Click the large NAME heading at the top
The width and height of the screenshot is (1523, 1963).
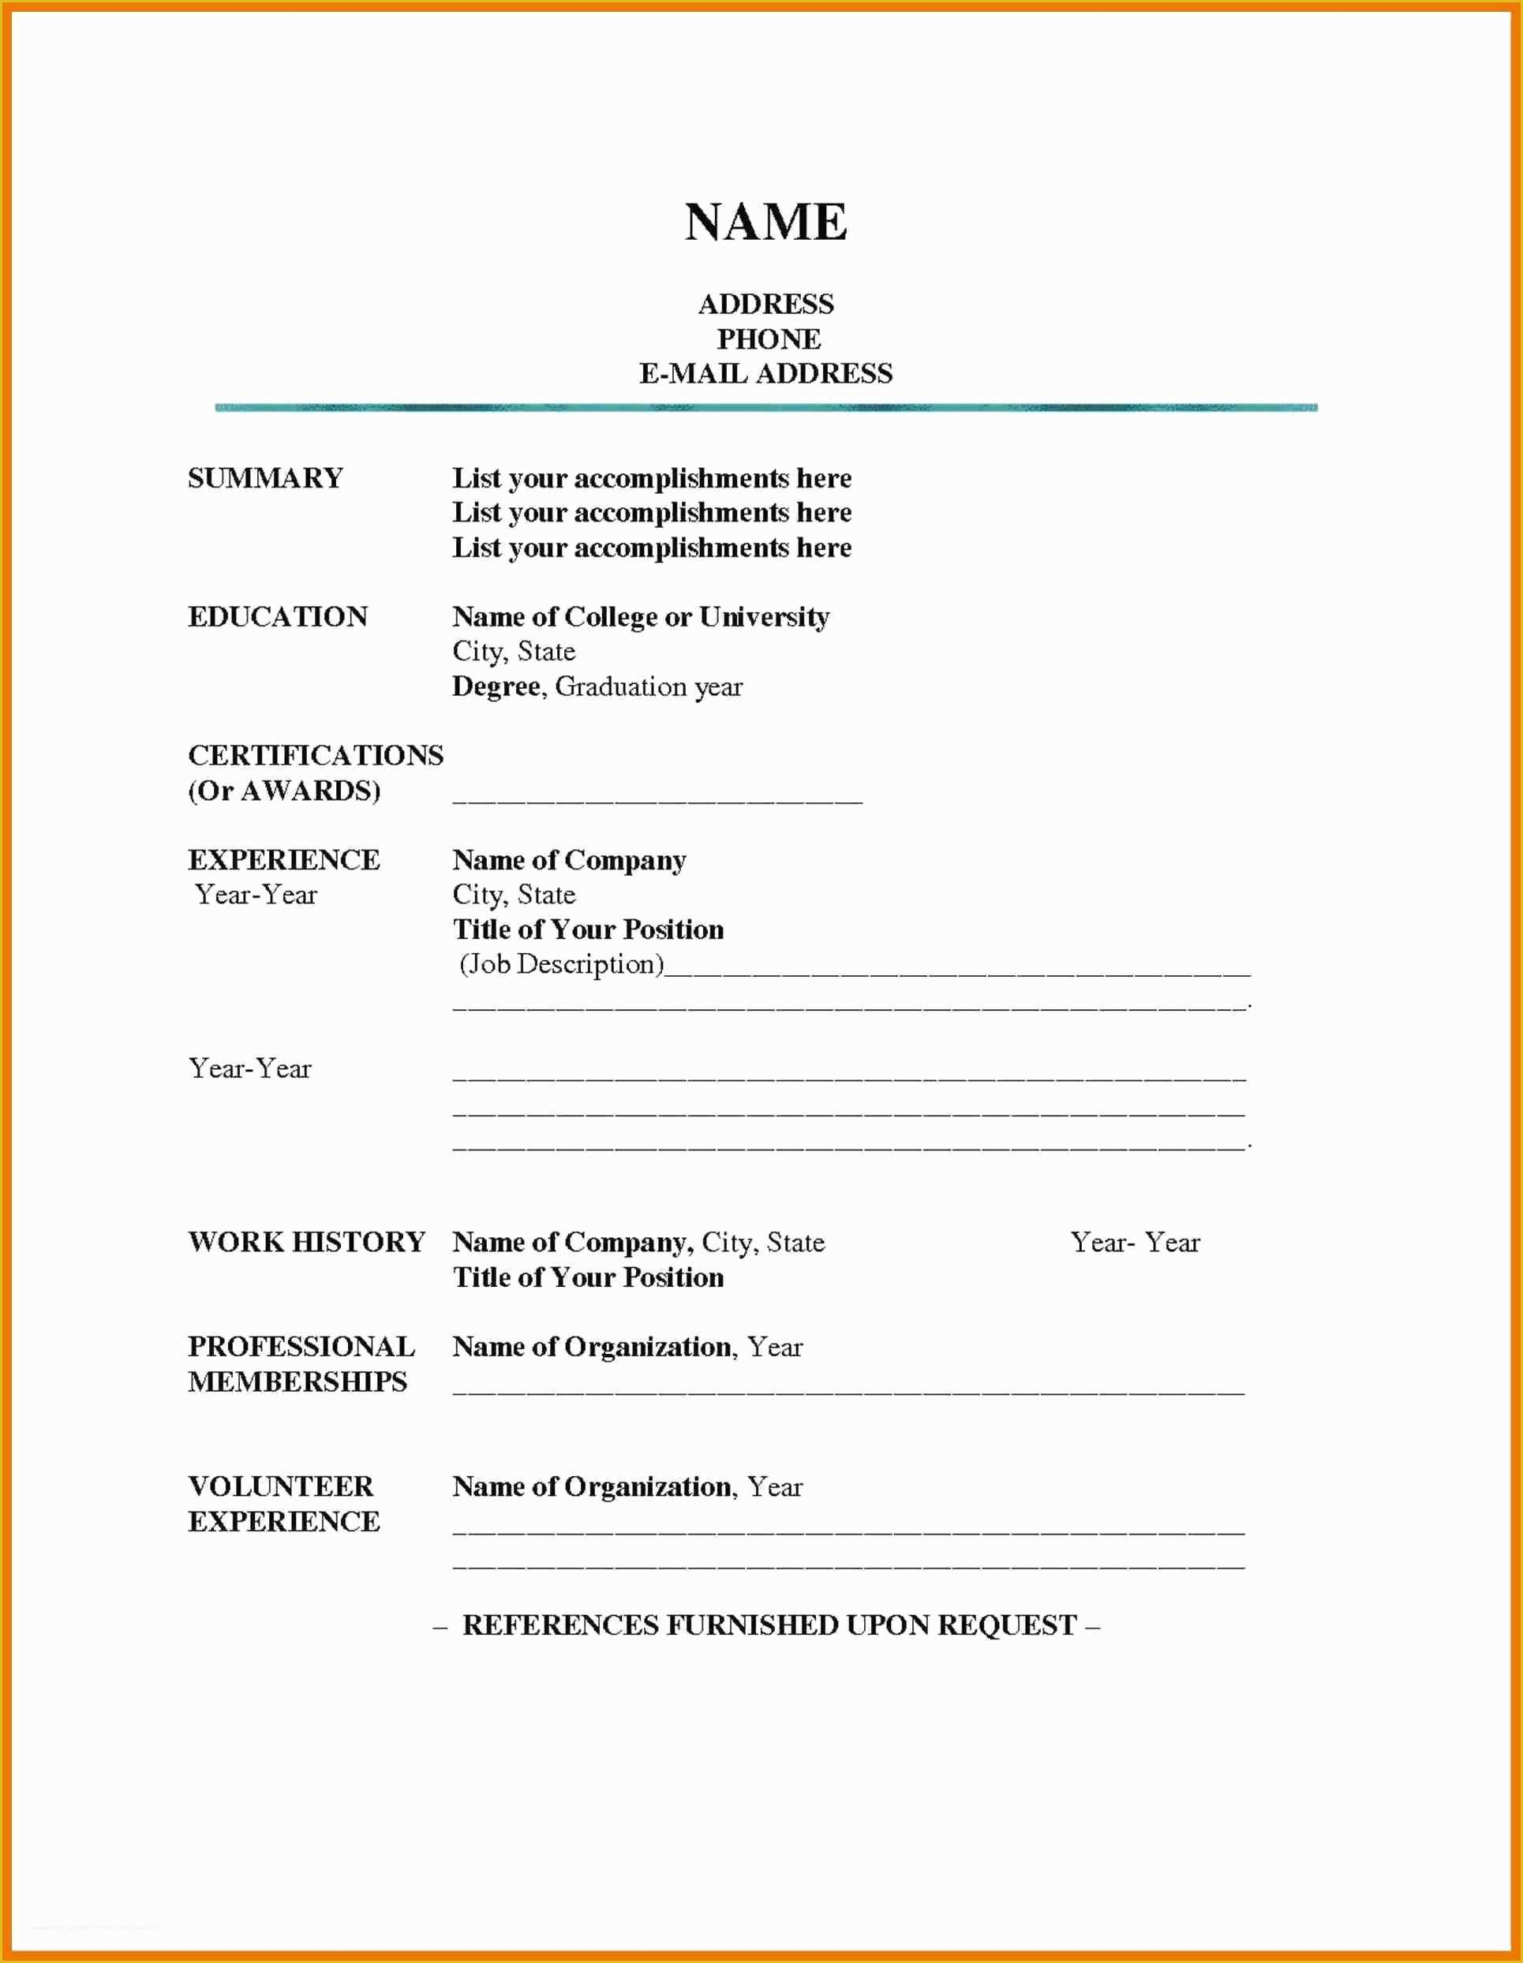(x=766, y=222)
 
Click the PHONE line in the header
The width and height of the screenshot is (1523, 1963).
(x=768, y=338)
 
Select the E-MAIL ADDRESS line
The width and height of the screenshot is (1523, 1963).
(x=766, y=373)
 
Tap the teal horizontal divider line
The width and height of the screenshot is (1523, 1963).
(x=766, y=408)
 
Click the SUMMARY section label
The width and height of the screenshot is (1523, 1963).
(x=265, y=477)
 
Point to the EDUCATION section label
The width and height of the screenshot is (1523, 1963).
(x=278, y=616)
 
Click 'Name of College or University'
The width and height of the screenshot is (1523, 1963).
(x=640, y=616)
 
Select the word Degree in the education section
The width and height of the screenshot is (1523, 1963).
(x=496, y=686)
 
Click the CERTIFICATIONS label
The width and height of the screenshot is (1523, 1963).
(x=316, y=755)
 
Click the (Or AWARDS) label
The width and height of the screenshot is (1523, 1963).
(x=284, y=790)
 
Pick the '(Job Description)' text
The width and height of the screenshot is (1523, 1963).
(x=562, y=963)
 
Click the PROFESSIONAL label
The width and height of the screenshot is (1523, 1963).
(x=301, y=1347)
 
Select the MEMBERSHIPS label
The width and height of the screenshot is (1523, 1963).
(x=297, y=1382)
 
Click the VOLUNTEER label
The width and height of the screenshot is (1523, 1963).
(x=280, y=1486)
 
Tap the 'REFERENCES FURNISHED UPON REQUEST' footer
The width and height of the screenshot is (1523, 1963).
(x=769, y=1625)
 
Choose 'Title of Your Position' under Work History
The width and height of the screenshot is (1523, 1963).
(x=588, y=1277)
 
